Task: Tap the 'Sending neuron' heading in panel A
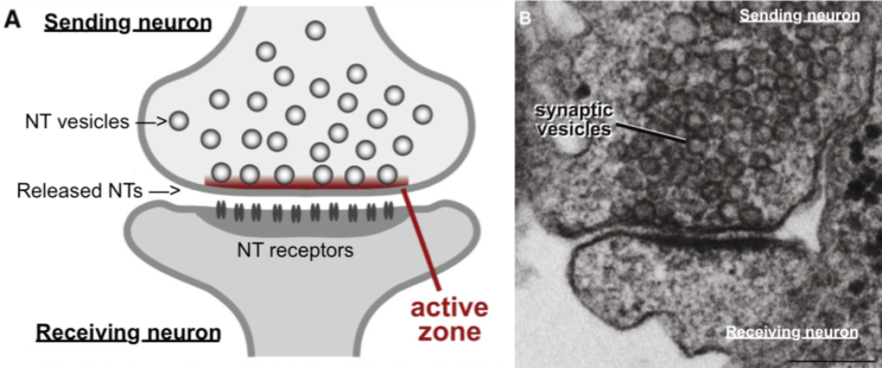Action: [x=127, y=22]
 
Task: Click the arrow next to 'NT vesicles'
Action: [x=151, y=122]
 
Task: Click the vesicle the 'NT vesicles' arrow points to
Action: [x=178, y=121]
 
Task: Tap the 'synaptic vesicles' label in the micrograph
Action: [x=570, y=120]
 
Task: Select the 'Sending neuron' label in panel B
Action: [x=799, y=16]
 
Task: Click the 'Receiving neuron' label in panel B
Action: [x=792, y=333]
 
